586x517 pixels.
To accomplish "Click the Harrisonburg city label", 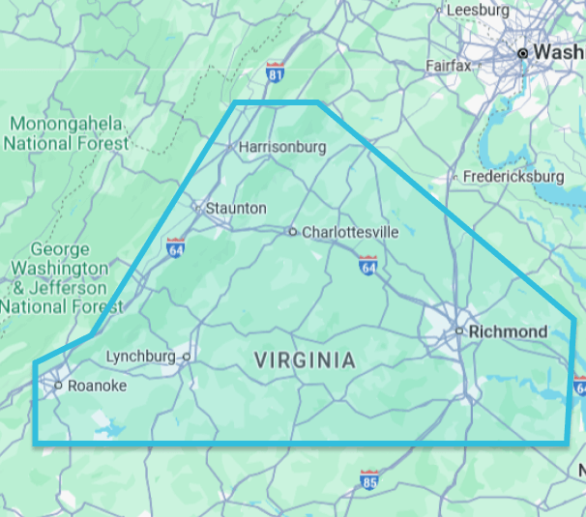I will click(x=281, y=147).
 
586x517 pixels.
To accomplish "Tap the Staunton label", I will click(x=235, y=208).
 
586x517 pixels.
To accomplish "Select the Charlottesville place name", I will click(x=350, y=232).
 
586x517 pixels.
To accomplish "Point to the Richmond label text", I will click(x=508, y=331).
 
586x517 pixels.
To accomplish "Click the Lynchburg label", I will click(x=140, y=356).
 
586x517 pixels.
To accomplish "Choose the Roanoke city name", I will click(x=97, y=385).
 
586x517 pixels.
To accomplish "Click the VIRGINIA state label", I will click(x=305, y=360).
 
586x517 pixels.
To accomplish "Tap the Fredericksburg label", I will click(x=513, y=177).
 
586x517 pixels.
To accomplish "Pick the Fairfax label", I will click(x=448, y=66).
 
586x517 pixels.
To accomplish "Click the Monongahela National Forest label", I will click(x=66, y=133).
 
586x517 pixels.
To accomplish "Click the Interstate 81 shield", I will click(x=276, y=72).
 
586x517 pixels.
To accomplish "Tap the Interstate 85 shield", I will click(x=368, y=477).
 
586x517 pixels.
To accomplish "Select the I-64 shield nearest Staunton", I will click(x=175, y=247).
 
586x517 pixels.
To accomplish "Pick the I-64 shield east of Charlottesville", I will click(x=367, y=265).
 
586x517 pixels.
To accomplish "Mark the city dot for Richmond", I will click(x=460, y=331).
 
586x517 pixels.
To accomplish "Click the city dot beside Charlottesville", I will click(x=292, y=232).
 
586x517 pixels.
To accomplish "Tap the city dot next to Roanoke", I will click(x=58, y=385).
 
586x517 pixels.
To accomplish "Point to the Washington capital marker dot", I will click(x=523, y=52).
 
